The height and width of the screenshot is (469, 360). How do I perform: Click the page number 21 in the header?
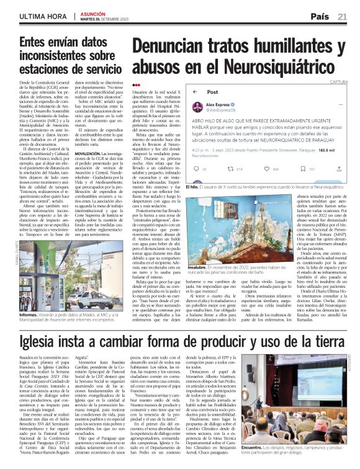[x=342, y=17]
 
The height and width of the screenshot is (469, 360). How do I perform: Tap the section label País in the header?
[x=321, y=17]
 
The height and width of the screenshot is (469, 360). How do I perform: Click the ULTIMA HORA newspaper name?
[x=43, y=17]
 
